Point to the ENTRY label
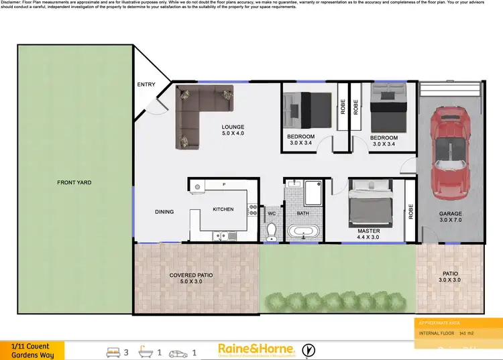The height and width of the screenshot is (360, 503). tap(146, 84)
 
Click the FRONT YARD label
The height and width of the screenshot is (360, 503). tap(74, 182)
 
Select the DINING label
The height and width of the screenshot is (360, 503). tap(164, 212)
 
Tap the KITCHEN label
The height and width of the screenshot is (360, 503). tap(223, 209)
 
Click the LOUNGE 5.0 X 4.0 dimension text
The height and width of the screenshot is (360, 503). tap(233, 133)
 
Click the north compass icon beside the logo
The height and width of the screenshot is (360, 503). tap(309, 349)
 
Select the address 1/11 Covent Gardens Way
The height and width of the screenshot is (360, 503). tap(32, 351)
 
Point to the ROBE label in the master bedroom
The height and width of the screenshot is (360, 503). tap(411, 212)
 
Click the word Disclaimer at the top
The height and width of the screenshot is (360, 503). tap(13, 3)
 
